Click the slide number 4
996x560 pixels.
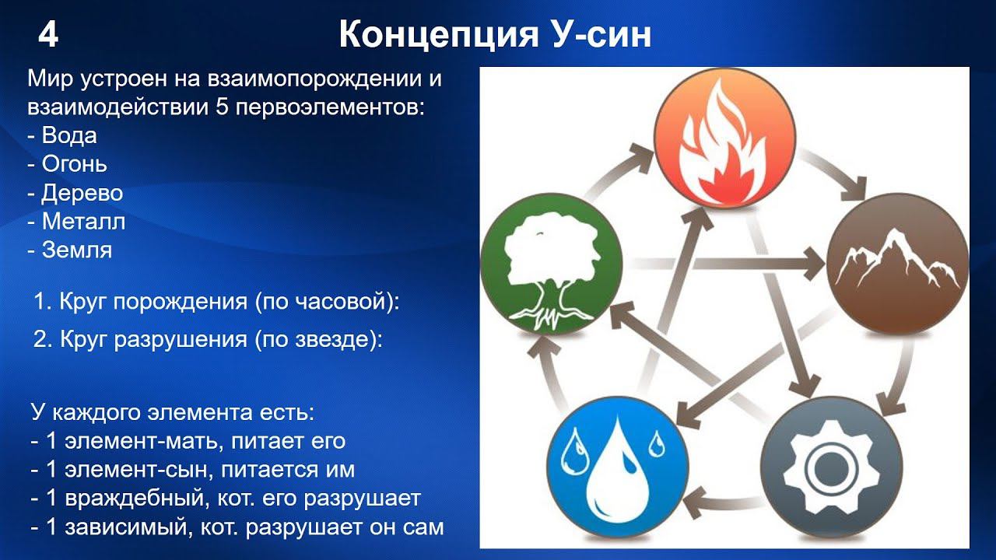[48, 36]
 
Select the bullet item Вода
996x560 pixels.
[68, 135]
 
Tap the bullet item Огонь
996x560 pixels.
[74, 164]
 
